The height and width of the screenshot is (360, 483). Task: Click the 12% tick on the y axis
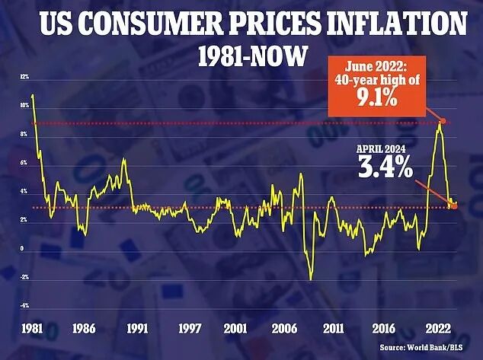point(24,78)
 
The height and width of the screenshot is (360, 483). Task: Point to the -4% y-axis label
point(24,306)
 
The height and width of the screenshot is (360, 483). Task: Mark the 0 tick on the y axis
point(22,249)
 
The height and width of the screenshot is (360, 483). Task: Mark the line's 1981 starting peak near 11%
point(33,95)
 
